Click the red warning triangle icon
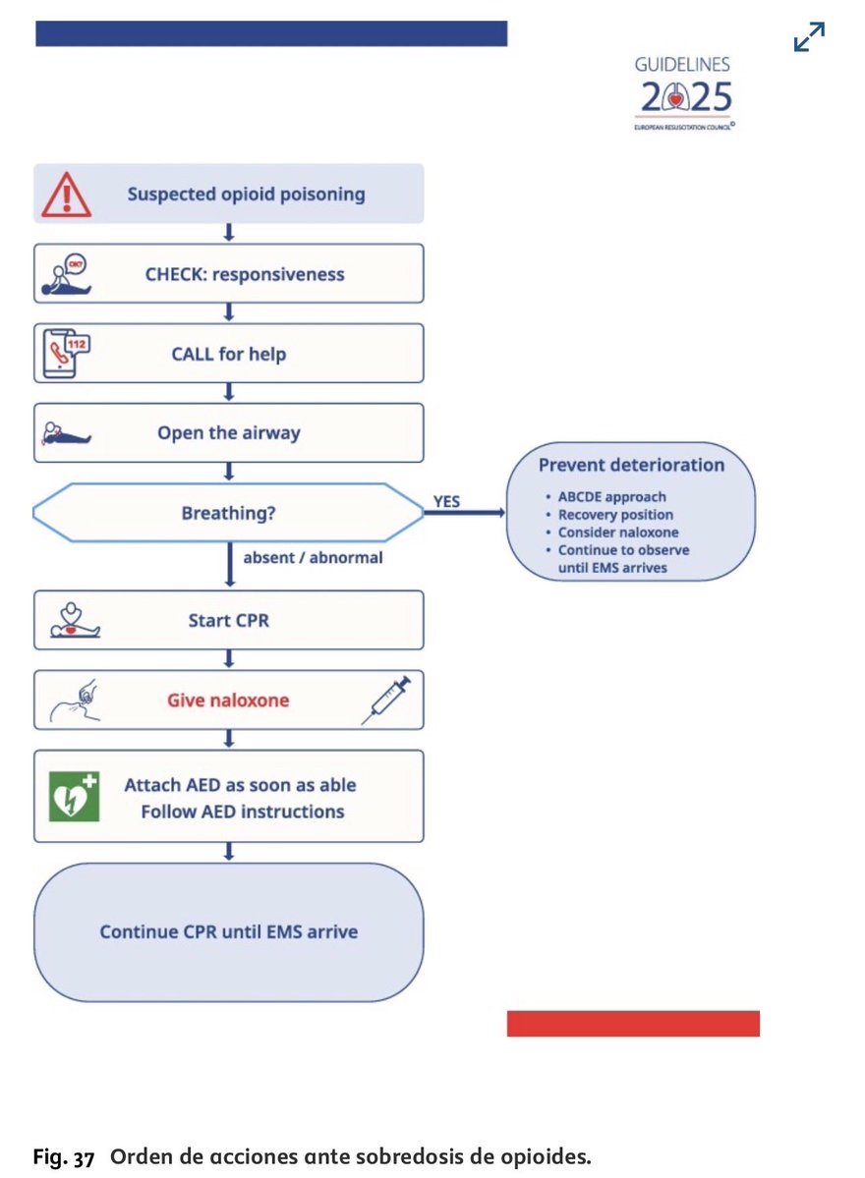(67, 195)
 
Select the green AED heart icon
(76, 797)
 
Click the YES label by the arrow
(446, 502)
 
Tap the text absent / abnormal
(313, 558)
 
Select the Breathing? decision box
(228, 513)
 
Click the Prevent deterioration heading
(631, 465)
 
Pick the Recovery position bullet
(615, 515)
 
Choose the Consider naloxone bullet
(617, 533)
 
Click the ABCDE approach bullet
(611, 497)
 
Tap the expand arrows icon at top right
(808, 37)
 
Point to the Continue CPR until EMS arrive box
(228, 931)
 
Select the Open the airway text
(228, 433)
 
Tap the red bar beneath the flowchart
(633, 1023)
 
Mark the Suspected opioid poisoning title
(246, 195)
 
